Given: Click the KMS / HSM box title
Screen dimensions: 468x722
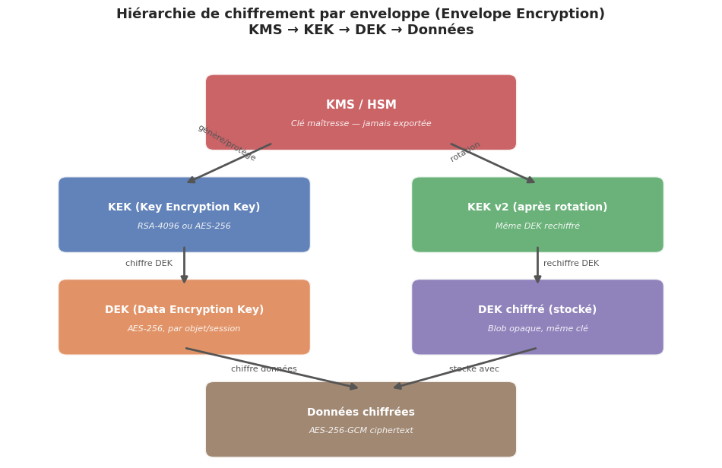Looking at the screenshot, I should click(x=361, y=105).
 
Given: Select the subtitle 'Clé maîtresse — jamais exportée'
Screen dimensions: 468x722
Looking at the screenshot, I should click(x=361, y=124).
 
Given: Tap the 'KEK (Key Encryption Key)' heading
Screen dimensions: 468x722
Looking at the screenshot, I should click(x=184, y=207).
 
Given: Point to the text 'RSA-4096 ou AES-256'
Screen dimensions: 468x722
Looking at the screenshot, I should click(x=184, y=226).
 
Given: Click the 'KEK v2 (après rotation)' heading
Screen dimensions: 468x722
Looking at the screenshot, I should click(x=537, y=207).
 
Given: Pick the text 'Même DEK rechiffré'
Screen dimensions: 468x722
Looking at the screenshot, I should click(x=537, y=226).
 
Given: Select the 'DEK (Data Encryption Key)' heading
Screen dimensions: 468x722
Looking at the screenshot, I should click(x=184, y=310).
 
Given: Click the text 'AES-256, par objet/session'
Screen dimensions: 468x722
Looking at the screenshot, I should click(x=184, y=329).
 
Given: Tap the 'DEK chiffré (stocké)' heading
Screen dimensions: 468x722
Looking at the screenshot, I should click(x=537, y=310).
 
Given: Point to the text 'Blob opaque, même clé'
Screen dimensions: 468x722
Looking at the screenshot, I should click(x=537, y=329).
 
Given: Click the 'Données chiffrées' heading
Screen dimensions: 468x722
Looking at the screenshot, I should click(x=361, y=413).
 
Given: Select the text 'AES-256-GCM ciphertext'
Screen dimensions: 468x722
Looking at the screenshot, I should click(x=361, y=431).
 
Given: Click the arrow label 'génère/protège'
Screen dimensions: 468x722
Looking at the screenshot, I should click(x=226, y=143).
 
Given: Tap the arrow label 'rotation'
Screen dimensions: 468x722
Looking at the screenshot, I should click(x=465, y=151).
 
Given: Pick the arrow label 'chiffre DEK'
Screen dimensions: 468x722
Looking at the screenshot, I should click(x=149, y=264).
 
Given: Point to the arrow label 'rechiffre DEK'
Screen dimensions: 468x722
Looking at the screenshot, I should click(x=571, y=264).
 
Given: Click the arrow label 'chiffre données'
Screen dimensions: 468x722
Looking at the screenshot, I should click(x=264, y=369).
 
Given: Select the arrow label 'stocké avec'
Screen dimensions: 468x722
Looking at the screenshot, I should click(x=474, y=369).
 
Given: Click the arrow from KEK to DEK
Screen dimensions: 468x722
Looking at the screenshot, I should click(x=184, y=266).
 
